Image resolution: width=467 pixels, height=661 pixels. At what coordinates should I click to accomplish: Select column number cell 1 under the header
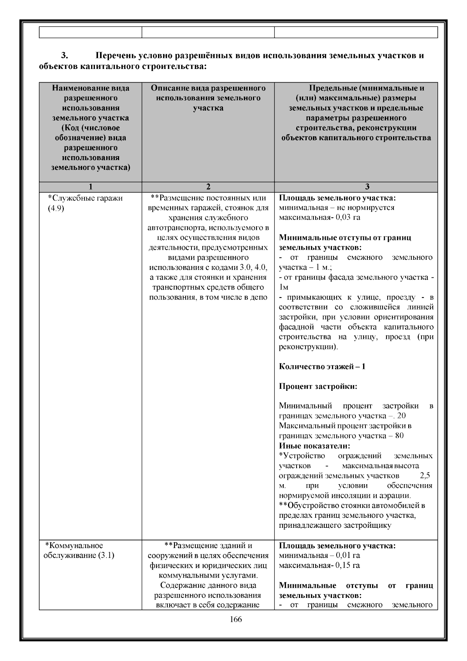click(x=90, y=187)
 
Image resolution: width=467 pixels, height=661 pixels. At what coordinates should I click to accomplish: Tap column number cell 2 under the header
click(x=208, y=187)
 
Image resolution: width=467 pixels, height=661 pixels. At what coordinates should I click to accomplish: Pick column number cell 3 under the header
click(x=356, y=187)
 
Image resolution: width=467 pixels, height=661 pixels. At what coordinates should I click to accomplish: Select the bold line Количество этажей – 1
click(x=322, y=367)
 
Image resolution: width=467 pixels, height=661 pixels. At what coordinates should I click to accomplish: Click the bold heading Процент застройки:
click(x=318, y=386)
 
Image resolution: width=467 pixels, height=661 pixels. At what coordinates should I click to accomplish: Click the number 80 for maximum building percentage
click(x=399, y=436)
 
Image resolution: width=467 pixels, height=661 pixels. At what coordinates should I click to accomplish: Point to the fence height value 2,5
click(x=425, y=476)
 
